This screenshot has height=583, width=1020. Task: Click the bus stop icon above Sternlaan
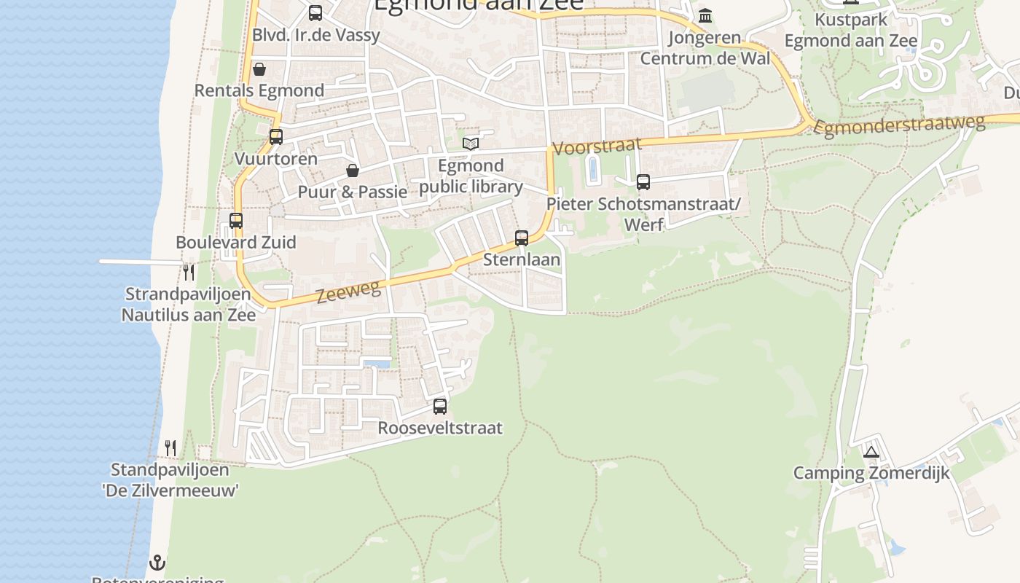pyautogui.click(x=522, y=238)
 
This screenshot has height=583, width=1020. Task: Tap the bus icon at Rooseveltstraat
pyautogui.click(x=440, y=407)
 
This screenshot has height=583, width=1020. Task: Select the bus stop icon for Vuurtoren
pyautogui.click(x=276, y=136)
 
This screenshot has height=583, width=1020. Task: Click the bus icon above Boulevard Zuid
pyautogui.click(x=236, y=220)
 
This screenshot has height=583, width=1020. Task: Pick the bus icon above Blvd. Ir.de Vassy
pyautogui.click(x=315, y=12)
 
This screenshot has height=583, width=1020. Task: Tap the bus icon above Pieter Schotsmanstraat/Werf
pyautogui.click(x=643, y=182)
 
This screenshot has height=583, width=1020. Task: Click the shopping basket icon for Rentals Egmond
pyautogui.click(x=259, y=69)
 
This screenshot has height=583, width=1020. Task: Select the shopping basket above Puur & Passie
pyautogui.click(x=353, y=171)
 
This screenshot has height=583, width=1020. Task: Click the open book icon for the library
pyautogui.click(x=471, y=144)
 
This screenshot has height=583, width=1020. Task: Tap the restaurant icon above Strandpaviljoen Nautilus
pyautogui.click(x=189, y=273)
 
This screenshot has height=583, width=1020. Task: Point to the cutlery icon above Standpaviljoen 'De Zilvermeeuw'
pyautogui.click(x=170, y=447)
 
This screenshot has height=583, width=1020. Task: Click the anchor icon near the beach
pyautogui.click(x=157, y=563)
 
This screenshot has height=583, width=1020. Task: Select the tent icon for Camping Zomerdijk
pyautogui.click(x=871, y=452)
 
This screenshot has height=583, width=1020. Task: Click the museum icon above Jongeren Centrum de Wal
pyautogui.click(x=705, y=15)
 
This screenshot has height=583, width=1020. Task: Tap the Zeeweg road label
pyautogui.click(x=349, y=292)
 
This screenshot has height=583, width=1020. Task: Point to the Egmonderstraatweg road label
pyautogui.click(x=899, y=125)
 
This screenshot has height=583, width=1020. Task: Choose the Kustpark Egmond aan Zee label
pyautogui.click(x=851, y=30)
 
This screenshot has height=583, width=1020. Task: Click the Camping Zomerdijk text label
pyautogui.click(x=871, y=473)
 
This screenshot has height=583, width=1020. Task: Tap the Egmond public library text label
pyautogui.click(x=471, y=176)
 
